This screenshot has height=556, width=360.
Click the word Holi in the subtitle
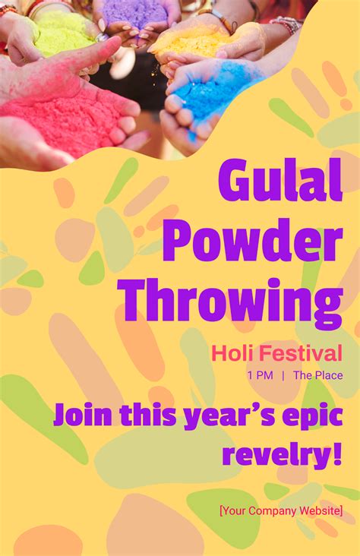click(x=232, y=353)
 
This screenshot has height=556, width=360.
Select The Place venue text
click(x=317, y=375)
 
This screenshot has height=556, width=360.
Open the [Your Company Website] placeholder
click(x=281, y=510)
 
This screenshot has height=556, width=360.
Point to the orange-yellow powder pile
click(x=194, y=42)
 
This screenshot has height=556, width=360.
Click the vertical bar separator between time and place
click(x=283, y=375)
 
